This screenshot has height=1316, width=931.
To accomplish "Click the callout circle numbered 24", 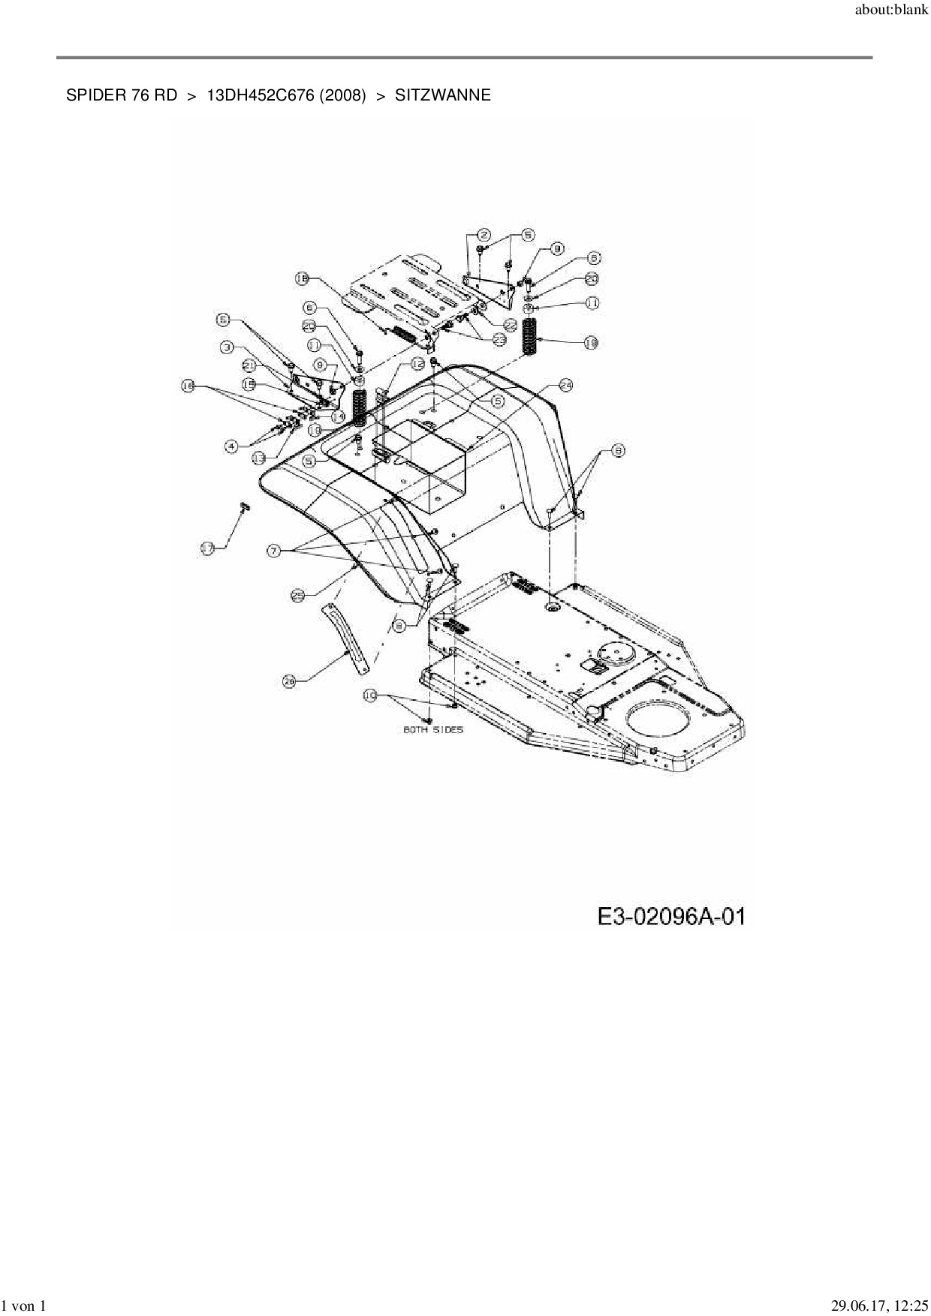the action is click(565, 385).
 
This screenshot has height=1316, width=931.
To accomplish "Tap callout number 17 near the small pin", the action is click(208, 548).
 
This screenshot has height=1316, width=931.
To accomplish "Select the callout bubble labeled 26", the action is click(290, 681).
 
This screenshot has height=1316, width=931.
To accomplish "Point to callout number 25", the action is click(297, 595).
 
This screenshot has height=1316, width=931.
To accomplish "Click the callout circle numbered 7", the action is click(274, 551).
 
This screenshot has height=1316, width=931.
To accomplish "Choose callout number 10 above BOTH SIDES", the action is click(370, 696).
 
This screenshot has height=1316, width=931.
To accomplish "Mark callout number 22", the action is click(510, 326).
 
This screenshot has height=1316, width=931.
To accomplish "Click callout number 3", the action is click(227, 347).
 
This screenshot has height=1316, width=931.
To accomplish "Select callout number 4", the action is click(232, 446).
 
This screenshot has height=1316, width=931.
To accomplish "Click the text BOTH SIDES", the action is click(433, 729).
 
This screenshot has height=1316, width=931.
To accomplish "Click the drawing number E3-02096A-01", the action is click(671, 916).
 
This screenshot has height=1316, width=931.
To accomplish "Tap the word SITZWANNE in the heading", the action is click(442, 95).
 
